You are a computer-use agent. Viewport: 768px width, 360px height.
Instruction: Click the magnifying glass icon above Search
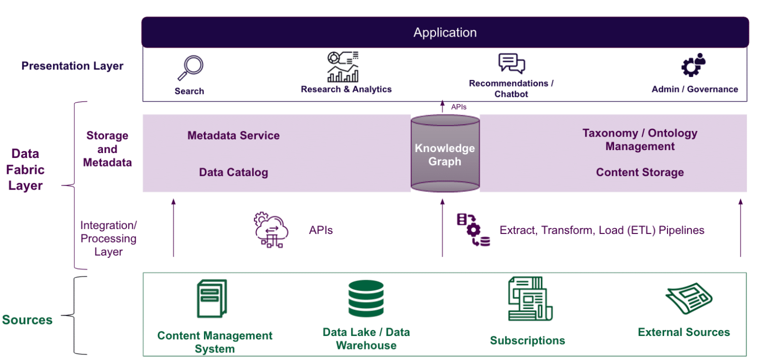190,68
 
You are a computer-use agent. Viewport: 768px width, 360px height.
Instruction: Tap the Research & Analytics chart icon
343,67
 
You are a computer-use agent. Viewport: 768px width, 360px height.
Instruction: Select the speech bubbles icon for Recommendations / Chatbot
511,64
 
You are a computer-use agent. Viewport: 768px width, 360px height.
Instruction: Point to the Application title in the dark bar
445,33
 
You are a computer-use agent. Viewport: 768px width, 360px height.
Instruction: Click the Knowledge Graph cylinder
445,154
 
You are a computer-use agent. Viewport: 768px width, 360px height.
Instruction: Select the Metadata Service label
233,135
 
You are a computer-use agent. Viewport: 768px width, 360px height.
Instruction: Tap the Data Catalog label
233,172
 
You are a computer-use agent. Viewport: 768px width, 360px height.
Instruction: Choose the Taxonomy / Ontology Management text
639,140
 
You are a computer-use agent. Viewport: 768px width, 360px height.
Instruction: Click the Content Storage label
639,172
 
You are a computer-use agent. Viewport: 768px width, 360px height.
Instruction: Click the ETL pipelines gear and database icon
473,230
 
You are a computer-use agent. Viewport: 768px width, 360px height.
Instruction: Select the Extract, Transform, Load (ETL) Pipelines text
602,230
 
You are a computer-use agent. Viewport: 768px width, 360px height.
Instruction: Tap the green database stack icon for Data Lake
366,298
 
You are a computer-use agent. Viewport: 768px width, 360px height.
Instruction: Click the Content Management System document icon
211,299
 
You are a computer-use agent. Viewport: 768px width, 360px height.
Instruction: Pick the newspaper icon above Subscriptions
529,299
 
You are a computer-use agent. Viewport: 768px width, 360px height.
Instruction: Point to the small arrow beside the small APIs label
442,106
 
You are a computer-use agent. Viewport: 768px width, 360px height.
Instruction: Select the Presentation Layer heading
72,66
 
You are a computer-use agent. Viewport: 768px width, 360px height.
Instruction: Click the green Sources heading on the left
27,320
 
